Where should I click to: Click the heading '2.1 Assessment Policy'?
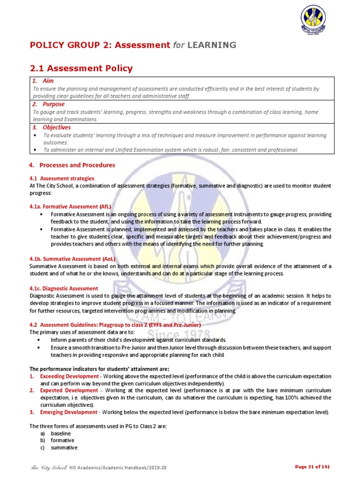click(81, 68)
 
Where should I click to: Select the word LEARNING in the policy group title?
click(212, 45)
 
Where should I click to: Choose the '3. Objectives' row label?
click(51, 127)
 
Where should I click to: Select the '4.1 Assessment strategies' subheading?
click(62, 178)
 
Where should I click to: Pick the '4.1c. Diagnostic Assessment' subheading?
click(64, 288)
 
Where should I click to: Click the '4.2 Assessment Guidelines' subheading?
click(115, 325)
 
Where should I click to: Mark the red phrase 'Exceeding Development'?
click(69, 376)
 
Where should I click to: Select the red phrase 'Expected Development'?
click(68, 390)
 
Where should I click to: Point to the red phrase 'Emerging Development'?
click(68, 412)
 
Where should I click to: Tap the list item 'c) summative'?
click(59, 448)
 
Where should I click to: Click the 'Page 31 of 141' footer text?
click(313, 466)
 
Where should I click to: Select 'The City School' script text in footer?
click(48, 467)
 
